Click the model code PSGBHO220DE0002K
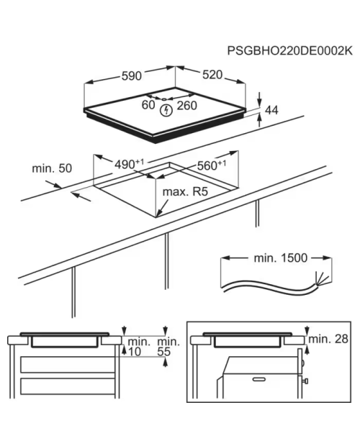click(289, 51)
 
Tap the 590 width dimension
click(132, 76)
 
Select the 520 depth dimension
click(212, 75)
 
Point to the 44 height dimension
click(271, 110)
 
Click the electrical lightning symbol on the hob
click(166, 110)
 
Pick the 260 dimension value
click(187, 106)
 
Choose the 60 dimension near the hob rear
click(148, 105)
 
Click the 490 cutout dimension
click(129, 164)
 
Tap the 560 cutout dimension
click(212, 165)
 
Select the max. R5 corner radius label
click(185, 192)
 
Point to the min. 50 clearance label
click(52, 168)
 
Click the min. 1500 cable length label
click(281, 258)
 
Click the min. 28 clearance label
click(328, 339)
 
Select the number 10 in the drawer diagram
click(135, 352)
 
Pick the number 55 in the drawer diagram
click(164, 352)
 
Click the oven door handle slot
click(259, 379)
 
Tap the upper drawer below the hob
click(68, 365)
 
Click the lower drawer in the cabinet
click(68, 386)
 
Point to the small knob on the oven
click(305, 381)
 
